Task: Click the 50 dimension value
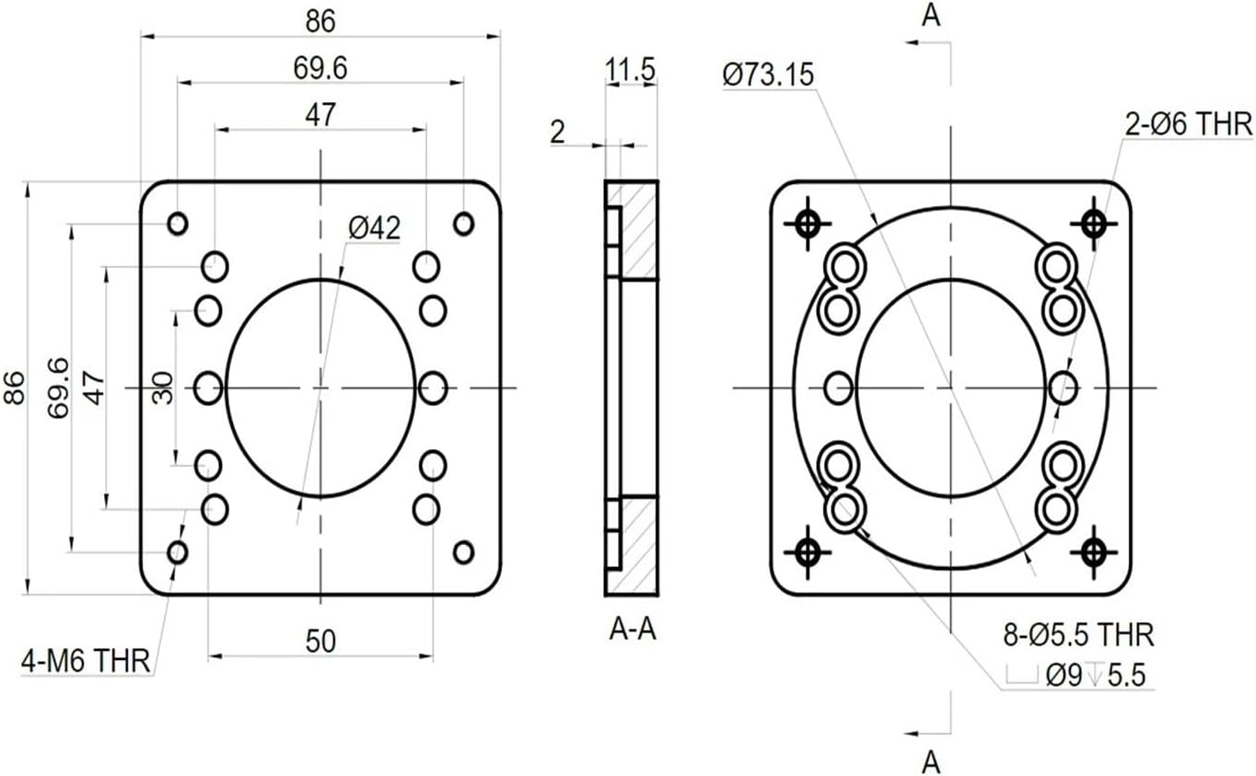(320, 642)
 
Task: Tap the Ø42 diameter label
(375, 227)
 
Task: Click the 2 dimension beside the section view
(557, 133)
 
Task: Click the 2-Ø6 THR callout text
(1189, 124)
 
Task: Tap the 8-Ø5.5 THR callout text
(1078, 634)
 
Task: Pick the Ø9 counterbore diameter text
(1065, 676)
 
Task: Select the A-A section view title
(633, 631)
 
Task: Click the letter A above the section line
(931, 17)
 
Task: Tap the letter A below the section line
(931, 761)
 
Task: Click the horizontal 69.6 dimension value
(320, 68)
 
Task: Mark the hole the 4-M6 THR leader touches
(178, 552)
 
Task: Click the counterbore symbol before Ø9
(1021, 676)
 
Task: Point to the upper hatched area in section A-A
(638, 230)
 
